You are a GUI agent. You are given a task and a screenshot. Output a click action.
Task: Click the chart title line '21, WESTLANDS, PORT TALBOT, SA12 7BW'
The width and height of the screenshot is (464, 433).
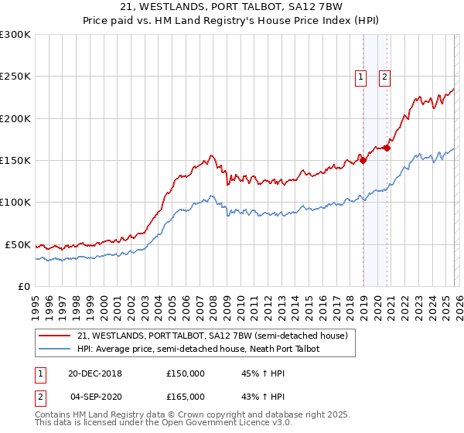(231, 9)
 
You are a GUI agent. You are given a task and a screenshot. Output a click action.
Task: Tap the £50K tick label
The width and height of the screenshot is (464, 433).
(19, 244)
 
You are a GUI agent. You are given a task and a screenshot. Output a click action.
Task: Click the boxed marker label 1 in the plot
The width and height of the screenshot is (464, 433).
(361, 77)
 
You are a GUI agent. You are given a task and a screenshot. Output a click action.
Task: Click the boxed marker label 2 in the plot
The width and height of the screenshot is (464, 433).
(384, 77)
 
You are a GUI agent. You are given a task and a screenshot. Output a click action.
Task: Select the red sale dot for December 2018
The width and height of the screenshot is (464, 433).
(363, 161)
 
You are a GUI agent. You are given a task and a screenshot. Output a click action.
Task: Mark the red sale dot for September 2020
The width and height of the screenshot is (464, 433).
(387, 148)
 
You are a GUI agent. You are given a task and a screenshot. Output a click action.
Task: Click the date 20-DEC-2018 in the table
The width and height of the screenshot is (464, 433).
(95, 373)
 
